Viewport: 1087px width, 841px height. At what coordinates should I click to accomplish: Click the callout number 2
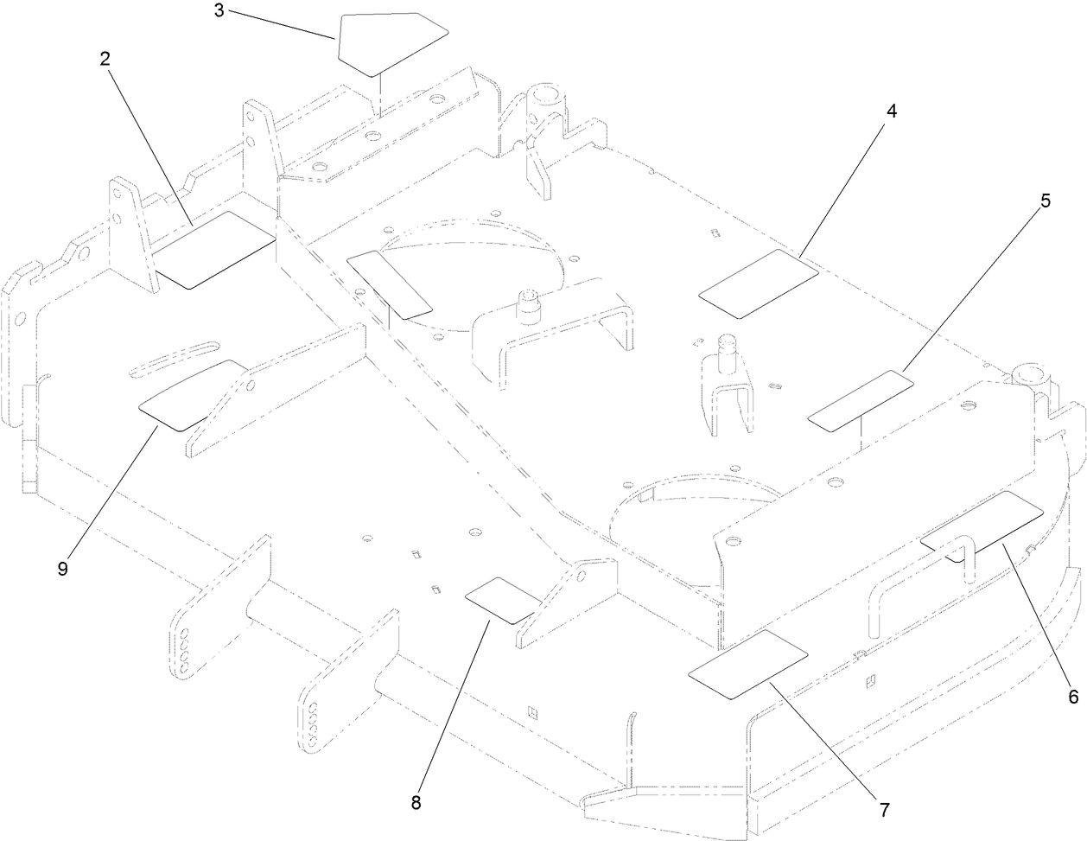click(105, 58)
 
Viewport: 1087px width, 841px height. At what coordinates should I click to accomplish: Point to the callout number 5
click(1045, 201)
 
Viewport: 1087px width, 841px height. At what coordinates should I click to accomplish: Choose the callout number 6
click(1072, 697)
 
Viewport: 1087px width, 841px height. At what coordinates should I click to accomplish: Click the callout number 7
click(884, 811)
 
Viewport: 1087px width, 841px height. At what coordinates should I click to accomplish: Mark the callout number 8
click(416, 802)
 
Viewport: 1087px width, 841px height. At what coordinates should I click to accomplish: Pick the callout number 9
click(62, 568)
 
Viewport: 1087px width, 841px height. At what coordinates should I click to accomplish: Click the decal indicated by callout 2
click(214, 250)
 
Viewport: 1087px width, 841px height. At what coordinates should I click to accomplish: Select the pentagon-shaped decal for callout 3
click(389, 41)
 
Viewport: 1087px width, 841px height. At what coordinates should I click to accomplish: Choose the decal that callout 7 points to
click(747, 663)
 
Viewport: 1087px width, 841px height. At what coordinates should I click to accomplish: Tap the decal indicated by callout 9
click(192, 395)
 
